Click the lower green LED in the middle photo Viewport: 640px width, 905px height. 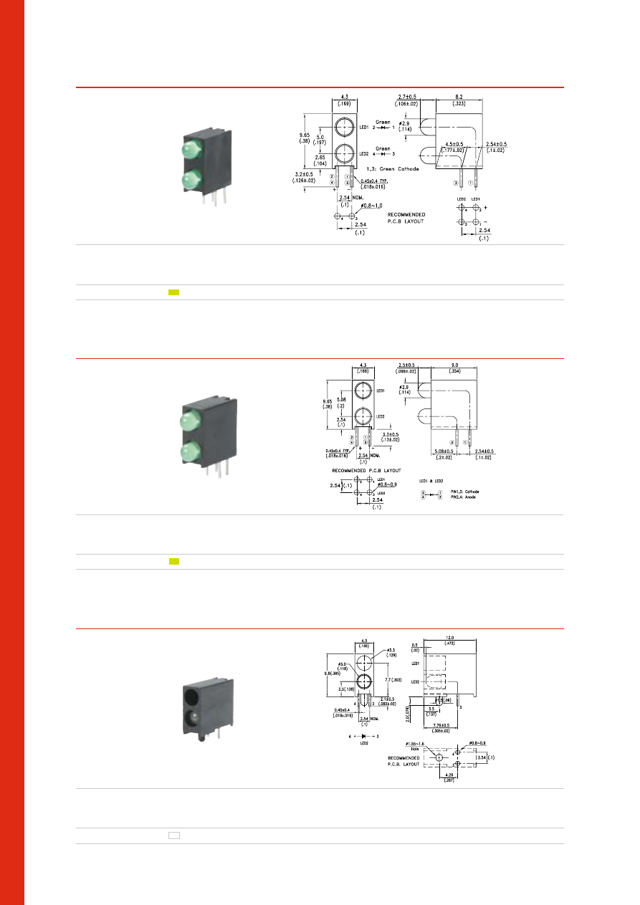point(190,451)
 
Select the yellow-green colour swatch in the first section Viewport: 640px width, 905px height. point(173,292)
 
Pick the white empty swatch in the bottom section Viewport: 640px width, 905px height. point(173,835)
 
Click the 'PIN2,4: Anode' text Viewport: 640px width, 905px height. point(463,497)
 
